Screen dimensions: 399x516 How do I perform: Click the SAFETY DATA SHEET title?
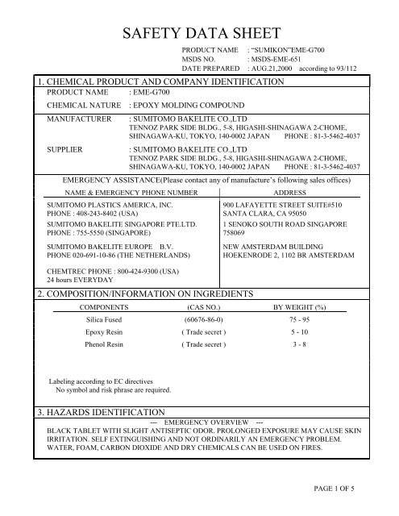[x=199, y=33]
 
